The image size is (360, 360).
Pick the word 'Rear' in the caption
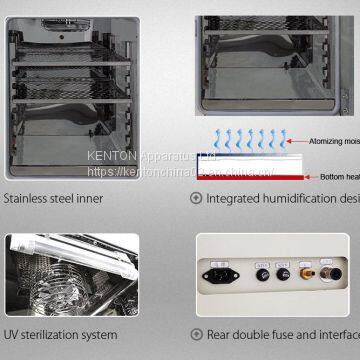[x=220, y=334]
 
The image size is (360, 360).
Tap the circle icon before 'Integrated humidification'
[x=196, y=198]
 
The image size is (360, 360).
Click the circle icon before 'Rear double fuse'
[x=196, y=334]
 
